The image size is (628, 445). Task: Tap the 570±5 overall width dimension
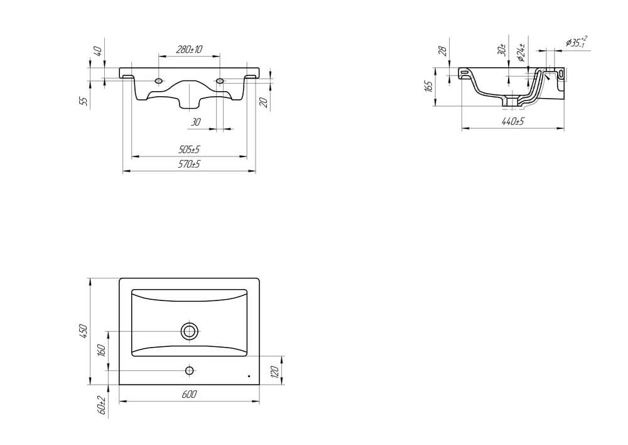[188, 165]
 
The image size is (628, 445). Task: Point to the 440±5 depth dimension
[513, 121]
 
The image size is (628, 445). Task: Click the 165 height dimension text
[429, 86]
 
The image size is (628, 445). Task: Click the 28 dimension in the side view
[442, 50]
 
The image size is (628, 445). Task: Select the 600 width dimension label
[190, 394]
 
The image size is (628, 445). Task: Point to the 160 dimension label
[102, 350]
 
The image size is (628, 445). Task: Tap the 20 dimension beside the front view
[264, 101]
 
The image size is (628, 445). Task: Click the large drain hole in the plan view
[190, 331]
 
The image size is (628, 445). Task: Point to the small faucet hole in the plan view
[190, 370]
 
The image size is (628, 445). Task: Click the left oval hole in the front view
[159, 80]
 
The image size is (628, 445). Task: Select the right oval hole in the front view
[220, 80]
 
